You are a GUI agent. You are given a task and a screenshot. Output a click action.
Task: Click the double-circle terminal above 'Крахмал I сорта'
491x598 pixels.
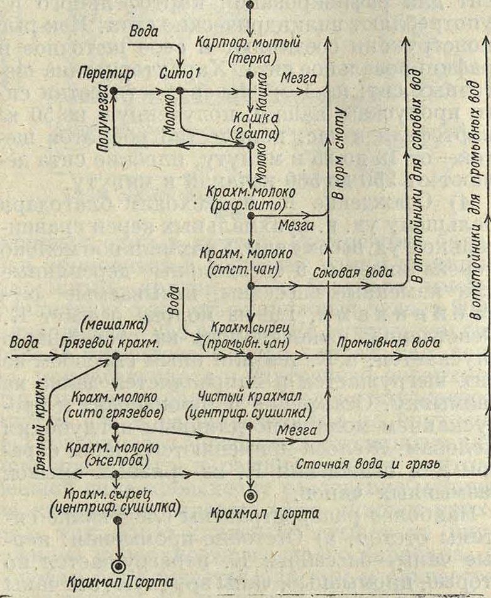[250, 495]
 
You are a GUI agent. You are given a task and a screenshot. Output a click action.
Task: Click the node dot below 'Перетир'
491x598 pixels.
[114, 91]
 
